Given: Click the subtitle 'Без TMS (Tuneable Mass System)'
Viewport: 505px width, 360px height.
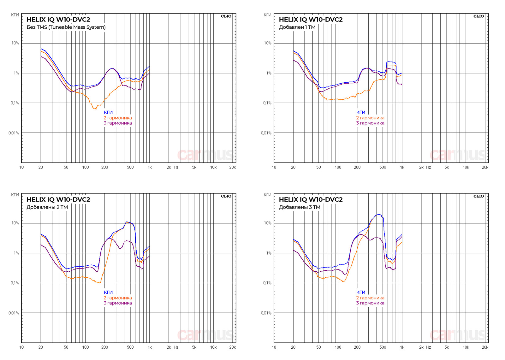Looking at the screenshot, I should coord(66,27).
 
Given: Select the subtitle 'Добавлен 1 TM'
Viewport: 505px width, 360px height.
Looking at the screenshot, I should coord(297,27).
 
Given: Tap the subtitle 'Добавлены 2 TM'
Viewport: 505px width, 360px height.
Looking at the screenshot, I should coord(47,207).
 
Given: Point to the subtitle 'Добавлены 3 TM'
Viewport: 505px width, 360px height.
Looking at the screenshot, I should coord(300,207).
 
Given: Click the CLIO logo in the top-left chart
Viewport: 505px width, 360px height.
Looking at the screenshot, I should coord(226,16).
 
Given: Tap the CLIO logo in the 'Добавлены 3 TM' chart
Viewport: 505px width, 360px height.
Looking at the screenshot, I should coord(478,196).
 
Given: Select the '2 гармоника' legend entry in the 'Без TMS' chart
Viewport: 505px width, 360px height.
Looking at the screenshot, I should coord(118,118).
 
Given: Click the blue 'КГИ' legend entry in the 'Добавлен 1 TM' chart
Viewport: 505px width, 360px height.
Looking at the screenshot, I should coord(360,112).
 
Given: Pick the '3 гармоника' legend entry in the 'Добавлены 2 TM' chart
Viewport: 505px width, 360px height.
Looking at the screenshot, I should coord(118,303).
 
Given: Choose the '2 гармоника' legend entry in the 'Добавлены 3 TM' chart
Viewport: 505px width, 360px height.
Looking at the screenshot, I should coord(370,298).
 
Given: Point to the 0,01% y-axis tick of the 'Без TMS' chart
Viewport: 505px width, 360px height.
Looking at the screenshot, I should coord(14,133).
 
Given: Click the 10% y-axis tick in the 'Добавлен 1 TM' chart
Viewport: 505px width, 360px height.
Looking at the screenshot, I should coord(267,43).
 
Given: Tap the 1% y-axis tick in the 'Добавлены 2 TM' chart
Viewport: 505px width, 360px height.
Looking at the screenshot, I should coord(16,253).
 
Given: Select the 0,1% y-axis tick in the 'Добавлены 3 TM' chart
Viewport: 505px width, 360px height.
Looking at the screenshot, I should coord(267,283).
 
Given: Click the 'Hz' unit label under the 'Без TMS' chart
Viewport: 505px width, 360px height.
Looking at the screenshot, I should coord(176,168).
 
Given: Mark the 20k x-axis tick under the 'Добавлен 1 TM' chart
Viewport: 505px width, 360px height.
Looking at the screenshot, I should coord(485,168).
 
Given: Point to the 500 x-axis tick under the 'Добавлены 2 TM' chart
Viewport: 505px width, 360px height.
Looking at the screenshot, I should coord(130,347).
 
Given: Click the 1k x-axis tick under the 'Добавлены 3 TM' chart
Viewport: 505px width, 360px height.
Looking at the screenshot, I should coord(402,347).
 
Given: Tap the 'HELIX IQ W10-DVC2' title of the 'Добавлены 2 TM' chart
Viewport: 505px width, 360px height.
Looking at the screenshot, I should coord(58,200).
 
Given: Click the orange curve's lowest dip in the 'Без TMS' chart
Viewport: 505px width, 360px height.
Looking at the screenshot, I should coord(94,109).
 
